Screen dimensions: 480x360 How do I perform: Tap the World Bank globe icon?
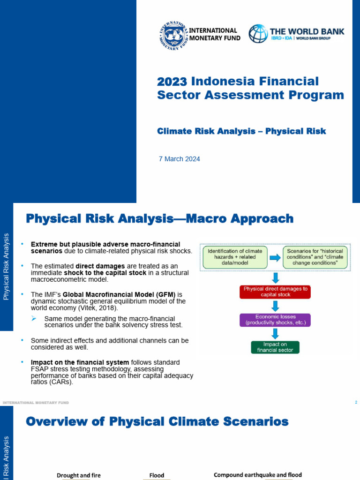pos(258,34)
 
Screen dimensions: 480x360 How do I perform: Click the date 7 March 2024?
pos(180,159)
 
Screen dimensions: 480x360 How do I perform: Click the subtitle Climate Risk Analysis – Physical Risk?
pos(241,131)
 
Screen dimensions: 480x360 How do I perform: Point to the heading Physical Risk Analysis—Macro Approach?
pos(160,218)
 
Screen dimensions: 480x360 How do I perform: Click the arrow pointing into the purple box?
pos(275,306)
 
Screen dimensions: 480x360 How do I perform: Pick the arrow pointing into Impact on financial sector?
pos(275,334)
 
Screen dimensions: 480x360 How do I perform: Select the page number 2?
pos(356,402)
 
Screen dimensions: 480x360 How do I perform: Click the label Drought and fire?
pos(79,475)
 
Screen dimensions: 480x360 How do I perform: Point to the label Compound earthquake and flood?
pos(258,475)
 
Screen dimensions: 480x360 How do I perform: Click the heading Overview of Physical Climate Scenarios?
pos(157,421)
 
